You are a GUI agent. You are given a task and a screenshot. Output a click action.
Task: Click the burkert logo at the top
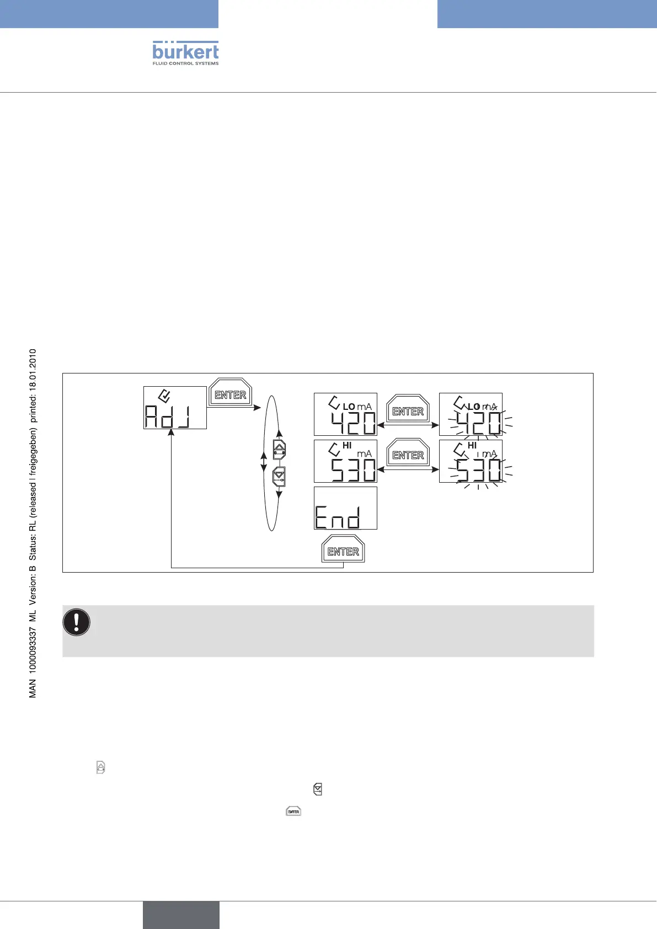point(185,53)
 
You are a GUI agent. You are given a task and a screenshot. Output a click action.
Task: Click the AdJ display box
point(175,408)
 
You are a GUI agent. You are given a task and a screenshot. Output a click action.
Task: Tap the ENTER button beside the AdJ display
point(231,394)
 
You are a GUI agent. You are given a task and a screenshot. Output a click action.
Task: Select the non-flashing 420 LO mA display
point(345,414)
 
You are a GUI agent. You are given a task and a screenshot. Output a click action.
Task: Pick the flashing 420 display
point(471,414)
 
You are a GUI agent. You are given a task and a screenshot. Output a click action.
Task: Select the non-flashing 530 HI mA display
point(345,461)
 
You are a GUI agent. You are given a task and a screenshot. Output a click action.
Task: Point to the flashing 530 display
point(471,461)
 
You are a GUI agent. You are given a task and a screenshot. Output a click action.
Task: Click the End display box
point(345,508)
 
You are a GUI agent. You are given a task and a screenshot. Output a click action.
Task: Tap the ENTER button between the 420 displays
point(408,411)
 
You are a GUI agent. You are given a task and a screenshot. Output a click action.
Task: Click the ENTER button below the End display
point(343,551)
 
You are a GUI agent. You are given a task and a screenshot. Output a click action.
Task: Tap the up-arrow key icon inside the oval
point(280,450)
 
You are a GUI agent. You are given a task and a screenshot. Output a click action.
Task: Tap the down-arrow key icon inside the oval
point(280,476)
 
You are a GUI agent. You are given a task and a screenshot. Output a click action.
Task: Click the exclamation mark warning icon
point(77,622)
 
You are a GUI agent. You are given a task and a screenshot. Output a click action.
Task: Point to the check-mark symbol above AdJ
point(164,396)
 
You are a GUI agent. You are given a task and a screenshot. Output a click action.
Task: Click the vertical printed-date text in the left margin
point(33,523)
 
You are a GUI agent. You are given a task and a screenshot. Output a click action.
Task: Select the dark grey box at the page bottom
point(181,915)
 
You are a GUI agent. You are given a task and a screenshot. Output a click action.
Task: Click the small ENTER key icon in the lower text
point(293,811)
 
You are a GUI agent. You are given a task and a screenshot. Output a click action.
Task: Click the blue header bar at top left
point(109,14)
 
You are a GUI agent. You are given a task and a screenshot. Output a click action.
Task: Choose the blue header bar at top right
point(547,14)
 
